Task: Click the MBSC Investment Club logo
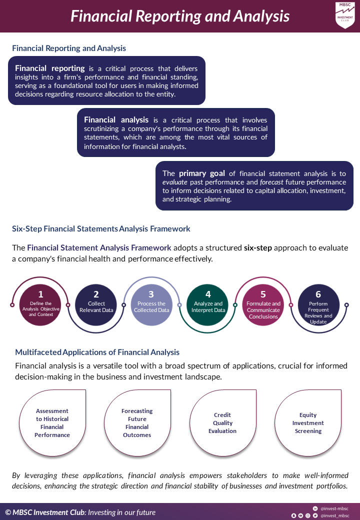345,15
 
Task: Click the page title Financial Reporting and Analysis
180,16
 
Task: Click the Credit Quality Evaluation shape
222,423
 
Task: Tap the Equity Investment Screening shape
308,423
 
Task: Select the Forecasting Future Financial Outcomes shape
137,423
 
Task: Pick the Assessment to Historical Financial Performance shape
52,423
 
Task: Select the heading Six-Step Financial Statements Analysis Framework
101,229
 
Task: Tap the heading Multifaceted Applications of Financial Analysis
97,352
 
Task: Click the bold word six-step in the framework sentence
258,248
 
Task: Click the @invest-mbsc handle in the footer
334,508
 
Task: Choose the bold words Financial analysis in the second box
116,120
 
